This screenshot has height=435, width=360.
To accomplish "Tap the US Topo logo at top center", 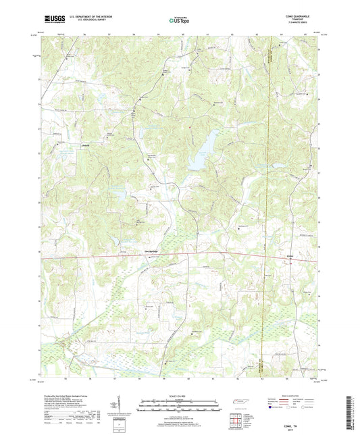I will coord(179,21).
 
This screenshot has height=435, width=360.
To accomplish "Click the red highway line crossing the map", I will coord(203,253).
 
